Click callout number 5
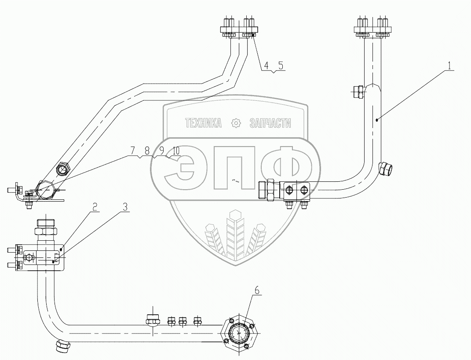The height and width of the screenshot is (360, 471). pyautogui.click(x=281, y=66)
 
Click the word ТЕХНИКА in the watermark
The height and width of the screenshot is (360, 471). pyautogui.click(x=203, y=124)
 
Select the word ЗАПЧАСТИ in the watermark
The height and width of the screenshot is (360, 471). pyautogui.click(x=270, y=124)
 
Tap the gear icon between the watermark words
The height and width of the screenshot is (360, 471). pyautogui.click(x=237, y=124)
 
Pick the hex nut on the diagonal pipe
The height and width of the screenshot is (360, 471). pyautogui.click(x=62, y=168)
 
